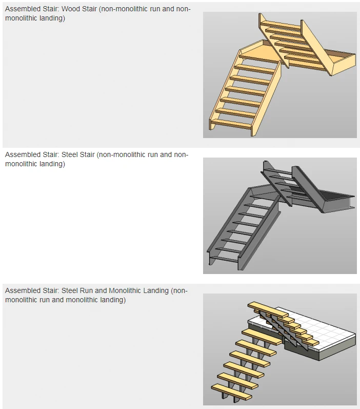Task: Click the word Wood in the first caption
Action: [x=70, y=9]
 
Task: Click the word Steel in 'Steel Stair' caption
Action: [x=69, y=154]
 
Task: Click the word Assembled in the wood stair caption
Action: [x=22, y=9]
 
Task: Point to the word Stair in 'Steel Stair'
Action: [x=87, y=154]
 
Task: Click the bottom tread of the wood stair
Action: [x=232, y=124]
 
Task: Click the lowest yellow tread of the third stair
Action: [x=231, y=392]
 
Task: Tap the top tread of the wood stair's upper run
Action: [x=281, y=25]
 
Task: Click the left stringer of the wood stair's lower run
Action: [x=225, y=90]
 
